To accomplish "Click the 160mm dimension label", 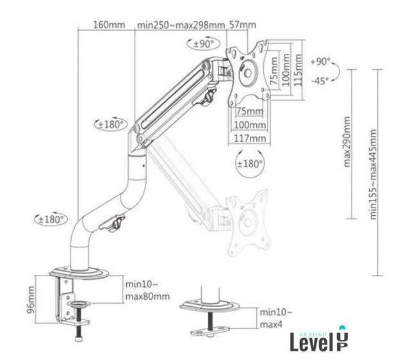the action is coord(110,25).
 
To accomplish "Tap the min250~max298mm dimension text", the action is coord(181,25).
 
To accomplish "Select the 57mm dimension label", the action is coord(242,25).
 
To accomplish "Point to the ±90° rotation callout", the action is coord(204,44).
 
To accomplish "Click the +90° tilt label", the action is coord(320,61).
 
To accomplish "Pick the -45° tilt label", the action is coord(320,81).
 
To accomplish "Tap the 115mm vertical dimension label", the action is coord(297,70).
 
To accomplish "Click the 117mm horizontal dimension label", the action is coord(250,138).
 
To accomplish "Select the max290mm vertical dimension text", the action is coord(347,142).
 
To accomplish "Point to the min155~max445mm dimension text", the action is coord(373,174).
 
